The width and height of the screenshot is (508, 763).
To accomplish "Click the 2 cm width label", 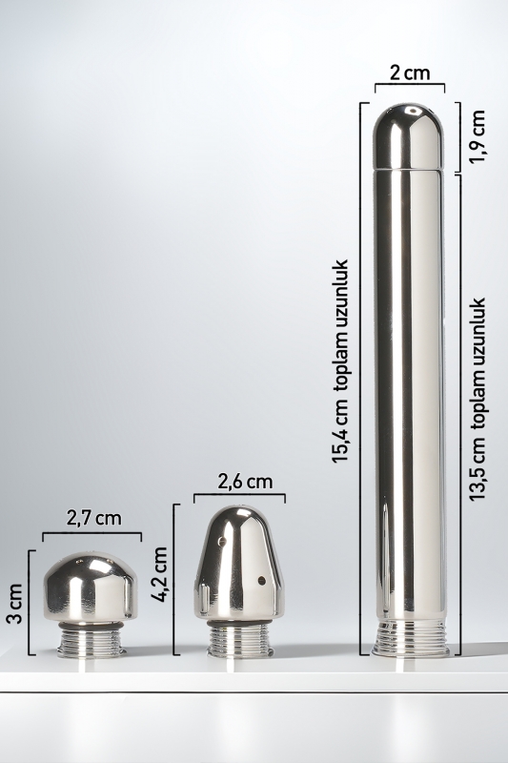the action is pyautogui.click(x=410, y=72).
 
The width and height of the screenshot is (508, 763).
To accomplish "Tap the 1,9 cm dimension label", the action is pyautogui.click(x=478, y=136).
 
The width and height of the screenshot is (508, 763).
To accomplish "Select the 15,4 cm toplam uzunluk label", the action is pyautogui.click(x=341, y=361).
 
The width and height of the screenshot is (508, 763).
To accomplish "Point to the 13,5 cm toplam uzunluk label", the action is pyautogui.click(x=478, y=399).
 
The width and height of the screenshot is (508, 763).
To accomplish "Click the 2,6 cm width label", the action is pyautogui.click(x=245, y=482).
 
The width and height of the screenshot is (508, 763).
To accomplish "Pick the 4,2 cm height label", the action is pyautogui.click(x=159, y=575).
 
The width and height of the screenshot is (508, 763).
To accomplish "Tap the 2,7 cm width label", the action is pyautogui.click(x=93, y=518).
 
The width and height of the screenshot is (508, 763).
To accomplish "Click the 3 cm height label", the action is pyautogui.click(x=15, y=604).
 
